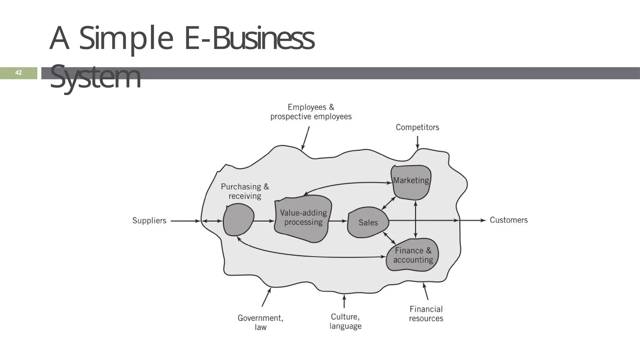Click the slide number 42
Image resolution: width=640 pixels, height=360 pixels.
[x=18, y=73]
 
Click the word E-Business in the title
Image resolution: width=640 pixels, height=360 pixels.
[x=249, y=39]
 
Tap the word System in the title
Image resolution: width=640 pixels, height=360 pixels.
[x=95, y=77]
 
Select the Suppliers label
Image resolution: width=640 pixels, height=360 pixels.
[x=149, y=221]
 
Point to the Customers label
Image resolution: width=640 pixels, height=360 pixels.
[x=508, y=220]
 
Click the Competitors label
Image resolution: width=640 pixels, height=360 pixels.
[x=417, y=127]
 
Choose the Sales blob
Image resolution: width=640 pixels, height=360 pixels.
[x=368, y=222]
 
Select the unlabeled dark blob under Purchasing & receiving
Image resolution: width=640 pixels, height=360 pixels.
[x=238, y=220]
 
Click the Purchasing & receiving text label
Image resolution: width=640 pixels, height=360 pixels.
[x=245, y=191]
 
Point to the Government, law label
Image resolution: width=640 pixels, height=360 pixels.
[x=260, y=322]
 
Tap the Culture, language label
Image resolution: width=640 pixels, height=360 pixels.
[x=345, y=321]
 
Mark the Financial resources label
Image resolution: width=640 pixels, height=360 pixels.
[x=426, y=314]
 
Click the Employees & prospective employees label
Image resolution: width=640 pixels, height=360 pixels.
[x=311, y=112]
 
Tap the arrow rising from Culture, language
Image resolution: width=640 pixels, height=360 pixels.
[x=344, y=301]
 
